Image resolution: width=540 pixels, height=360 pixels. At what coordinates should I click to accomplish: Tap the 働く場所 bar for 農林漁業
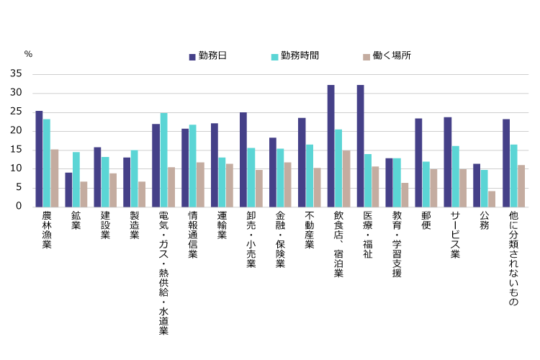(55, 178)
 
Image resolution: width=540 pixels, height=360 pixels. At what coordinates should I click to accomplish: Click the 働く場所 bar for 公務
(492, 199)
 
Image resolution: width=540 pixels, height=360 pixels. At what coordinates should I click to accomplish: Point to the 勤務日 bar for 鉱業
(68, 189)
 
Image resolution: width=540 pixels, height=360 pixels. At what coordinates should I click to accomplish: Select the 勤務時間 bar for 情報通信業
(192, 166)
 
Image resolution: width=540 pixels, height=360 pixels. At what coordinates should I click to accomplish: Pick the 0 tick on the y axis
(21, 207)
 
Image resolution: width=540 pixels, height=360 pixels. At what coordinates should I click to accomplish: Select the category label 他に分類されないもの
(514, 259)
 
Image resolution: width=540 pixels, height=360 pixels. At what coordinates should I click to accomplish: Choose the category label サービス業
(455, 235)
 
